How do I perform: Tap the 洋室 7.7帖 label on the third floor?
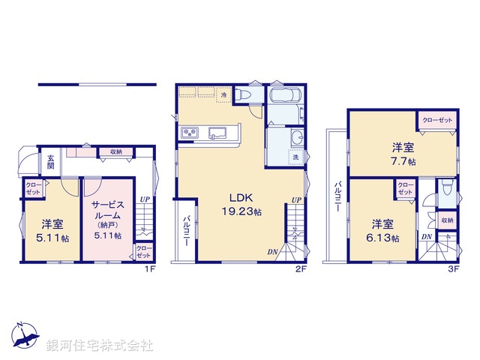(x=403, y=153)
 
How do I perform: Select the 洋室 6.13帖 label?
(x=383, y=230)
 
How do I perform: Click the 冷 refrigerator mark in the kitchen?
(x=223, y=96)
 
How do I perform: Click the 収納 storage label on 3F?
(x=446, y=220)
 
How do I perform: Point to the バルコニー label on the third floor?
(x=339, y=196)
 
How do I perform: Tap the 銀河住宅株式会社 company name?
(x=99, y=346)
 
